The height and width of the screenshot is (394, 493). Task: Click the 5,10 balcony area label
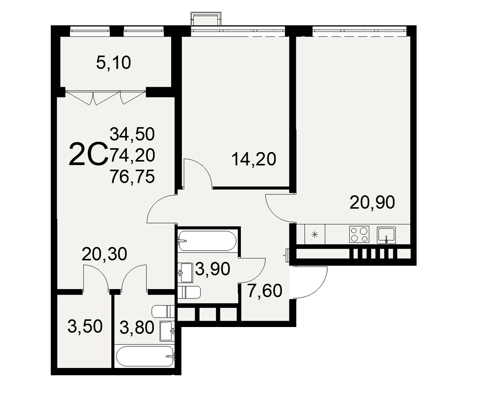(x=113, y=63)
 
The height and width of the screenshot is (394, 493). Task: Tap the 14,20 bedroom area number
(x=254, y=159)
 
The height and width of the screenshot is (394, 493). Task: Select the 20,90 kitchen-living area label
(x=372, y=202)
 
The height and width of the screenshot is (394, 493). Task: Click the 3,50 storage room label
(x=85, y=327)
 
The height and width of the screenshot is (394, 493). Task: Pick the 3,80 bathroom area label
(x=137, y=328)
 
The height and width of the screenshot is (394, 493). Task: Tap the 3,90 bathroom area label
(x=213, y=269)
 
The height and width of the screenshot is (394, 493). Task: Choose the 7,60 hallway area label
(x=264, y=291)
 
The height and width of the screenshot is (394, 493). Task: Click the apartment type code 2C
(x=88, y=154)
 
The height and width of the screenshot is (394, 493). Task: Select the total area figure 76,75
(x=132, y=177)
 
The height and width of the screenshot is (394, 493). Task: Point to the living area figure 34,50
(x=132, y=134)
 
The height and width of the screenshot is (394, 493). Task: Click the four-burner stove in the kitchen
(x=359, y=234)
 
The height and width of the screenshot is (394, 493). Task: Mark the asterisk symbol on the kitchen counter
(x=315, y=234)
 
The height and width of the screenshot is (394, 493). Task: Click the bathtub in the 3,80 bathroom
(x=145, y=356)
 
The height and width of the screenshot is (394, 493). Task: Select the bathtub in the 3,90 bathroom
(x=207, y=241)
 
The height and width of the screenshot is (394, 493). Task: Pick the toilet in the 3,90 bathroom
(x=189, y=293)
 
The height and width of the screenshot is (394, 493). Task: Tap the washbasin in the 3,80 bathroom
(x=166, y=331)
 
